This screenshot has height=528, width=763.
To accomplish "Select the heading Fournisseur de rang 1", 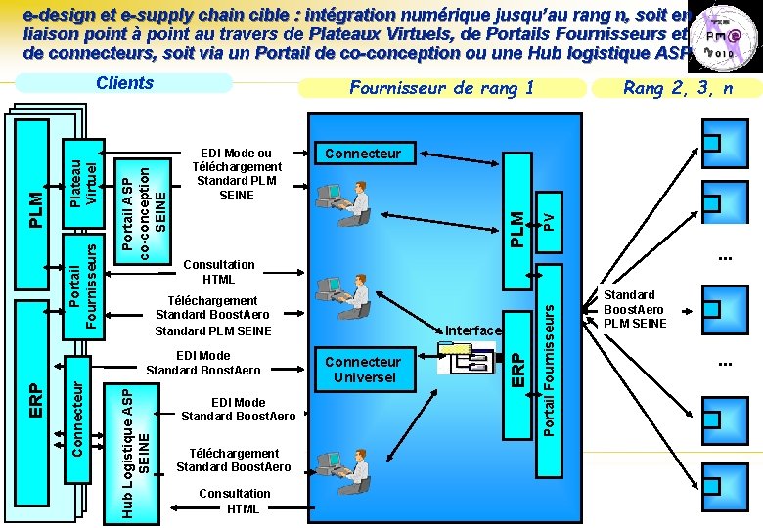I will coord(441,88).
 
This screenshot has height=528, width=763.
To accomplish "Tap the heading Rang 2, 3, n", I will coord(678,88).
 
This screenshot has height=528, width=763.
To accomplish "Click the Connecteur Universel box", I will coord(364,369).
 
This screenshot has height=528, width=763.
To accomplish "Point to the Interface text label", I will coord(473,330).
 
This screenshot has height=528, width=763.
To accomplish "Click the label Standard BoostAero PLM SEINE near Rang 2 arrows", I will coord(635,309).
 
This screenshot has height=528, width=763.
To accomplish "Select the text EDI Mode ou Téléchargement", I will coord(237,174).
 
